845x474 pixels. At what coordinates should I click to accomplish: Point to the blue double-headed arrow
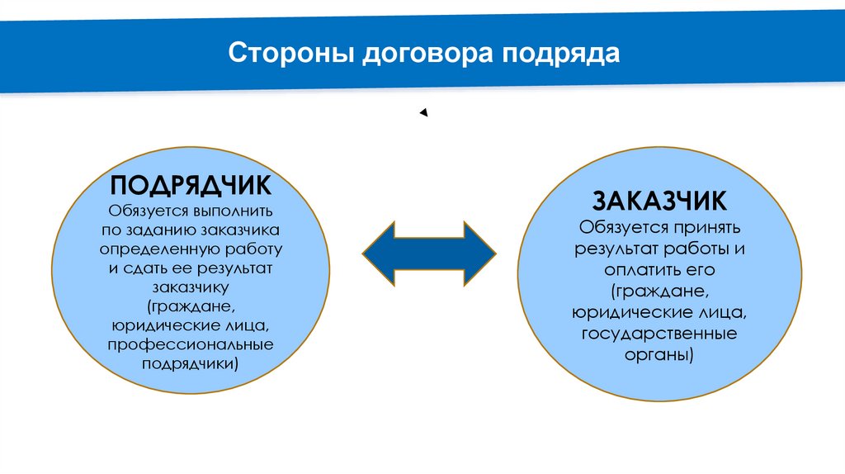[x=429, y=254]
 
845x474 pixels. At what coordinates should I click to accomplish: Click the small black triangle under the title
[x=423, y=113]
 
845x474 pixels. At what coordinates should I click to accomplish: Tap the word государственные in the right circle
[x=659, y=334]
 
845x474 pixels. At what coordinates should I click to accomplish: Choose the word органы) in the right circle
[x=659, y=355]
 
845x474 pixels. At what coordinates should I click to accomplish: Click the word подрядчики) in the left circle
[x=191, y=363]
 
